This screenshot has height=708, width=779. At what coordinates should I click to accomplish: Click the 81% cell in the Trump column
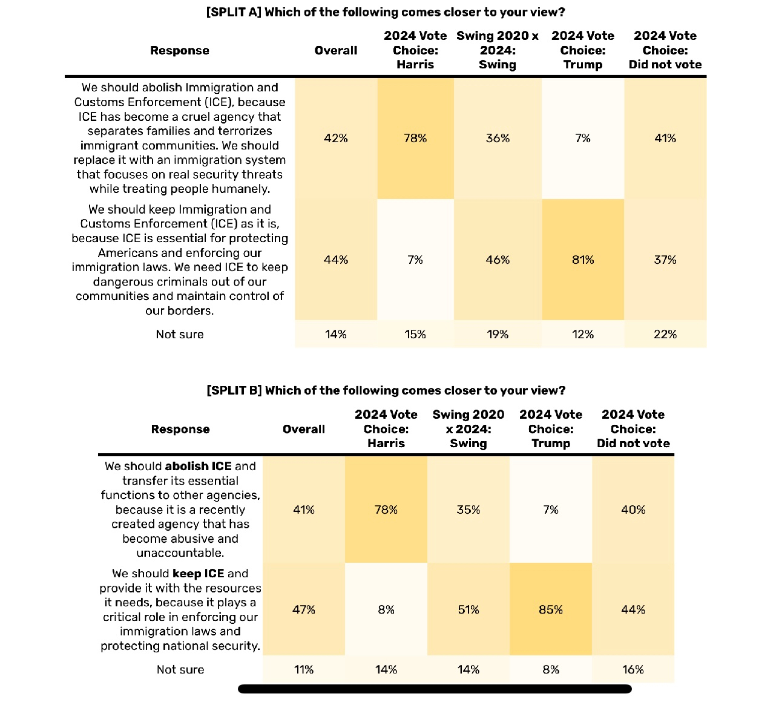click(582, 260)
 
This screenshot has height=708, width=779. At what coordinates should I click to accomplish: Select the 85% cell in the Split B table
click(550, 609)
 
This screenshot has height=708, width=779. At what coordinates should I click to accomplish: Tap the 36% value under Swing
click(498, 138)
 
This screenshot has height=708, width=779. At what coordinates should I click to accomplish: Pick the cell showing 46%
click(498, 260)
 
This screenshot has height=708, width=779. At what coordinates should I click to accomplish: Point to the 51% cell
click(468, 609)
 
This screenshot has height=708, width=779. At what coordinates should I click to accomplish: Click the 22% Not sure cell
click(665, 334)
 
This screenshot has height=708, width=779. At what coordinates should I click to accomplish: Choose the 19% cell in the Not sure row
click(498, 334)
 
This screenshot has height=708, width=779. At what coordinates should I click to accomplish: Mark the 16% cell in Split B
click(633, 669)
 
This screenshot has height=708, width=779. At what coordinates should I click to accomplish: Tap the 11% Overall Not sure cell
click(303, 669)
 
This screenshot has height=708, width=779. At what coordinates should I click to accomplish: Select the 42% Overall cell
click(335, 138)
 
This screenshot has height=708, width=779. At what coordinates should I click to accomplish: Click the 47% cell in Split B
click(303, 609)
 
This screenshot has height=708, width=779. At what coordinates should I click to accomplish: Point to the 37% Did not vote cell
click(665, 260)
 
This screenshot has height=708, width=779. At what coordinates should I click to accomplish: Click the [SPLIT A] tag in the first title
click(233, 12)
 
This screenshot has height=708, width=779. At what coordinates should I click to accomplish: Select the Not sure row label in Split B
click(180, 669)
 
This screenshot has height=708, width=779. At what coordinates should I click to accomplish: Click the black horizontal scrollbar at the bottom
click(435, 689)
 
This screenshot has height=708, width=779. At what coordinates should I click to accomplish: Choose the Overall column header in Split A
click(335, 50)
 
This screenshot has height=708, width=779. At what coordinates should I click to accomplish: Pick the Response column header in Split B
click(180, 429)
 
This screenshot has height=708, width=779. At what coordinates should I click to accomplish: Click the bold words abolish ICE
click(198, 466)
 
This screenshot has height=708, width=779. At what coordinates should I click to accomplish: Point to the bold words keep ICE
click(198, 573)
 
